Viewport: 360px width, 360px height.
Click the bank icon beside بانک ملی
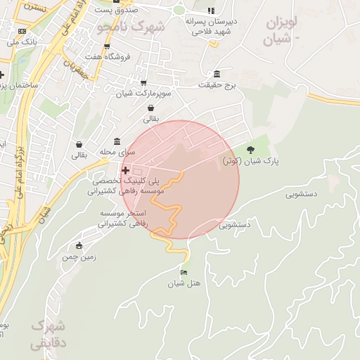coord(22,31)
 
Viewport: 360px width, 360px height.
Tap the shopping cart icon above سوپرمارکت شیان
coord(143,82)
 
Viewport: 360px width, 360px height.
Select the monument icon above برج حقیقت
coord(216,74)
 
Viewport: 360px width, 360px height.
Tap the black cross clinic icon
coord(125,170)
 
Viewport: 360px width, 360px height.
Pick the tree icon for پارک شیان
coord(251,149)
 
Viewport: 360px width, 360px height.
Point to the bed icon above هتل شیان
coord(184,272)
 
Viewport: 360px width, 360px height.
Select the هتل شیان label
coord(184,283)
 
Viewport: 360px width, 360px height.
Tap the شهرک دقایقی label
coord(48,335)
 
